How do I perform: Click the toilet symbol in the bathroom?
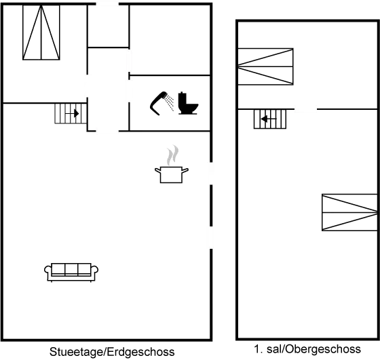[x=188, y=103]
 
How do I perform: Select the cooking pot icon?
[x=172, y=174]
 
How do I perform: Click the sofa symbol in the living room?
[x=71, y=273]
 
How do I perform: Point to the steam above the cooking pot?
[x=172, y=155]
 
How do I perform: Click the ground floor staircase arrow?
[x=72, y=113]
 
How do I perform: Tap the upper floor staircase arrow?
[x=269, y=119]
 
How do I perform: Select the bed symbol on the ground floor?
[x=41, y=33]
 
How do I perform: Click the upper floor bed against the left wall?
[x=265, y=66]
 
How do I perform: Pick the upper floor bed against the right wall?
[x=349, y=212]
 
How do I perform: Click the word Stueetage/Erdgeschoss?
[x=112, y=352]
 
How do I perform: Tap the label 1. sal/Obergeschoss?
[x=307, y=349]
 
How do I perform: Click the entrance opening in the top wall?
[x=107, y=4]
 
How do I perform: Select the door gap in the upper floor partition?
[x=305, y=109]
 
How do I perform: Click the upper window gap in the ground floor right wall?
[x=211, y=174]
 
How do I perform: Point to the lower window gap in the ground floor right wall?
[x=211, y=237]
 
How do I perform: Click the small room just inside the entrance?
[x=108, y=26]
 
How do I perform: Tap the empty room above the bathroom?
[x=170, y=40]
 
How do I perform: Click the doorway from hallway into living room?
[x=107, y=132]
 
